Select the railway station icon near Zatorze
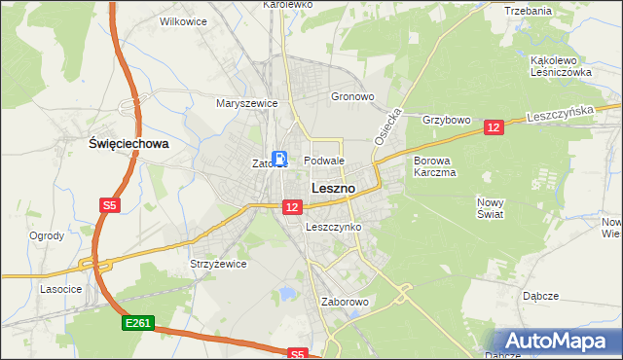[280, 159]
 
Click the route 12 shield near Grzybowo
[494, 127]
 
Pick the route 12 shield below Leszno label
[292, 206]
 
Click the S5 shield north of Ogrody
[110, 205]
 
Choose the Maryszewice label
[247, 103]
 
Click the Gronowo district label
[352, 97]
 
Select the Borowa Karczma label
[434, 166]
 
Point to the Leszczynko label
[333, 227]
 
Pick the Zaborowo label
[345, 302]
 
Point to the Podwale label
[324, 161]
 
